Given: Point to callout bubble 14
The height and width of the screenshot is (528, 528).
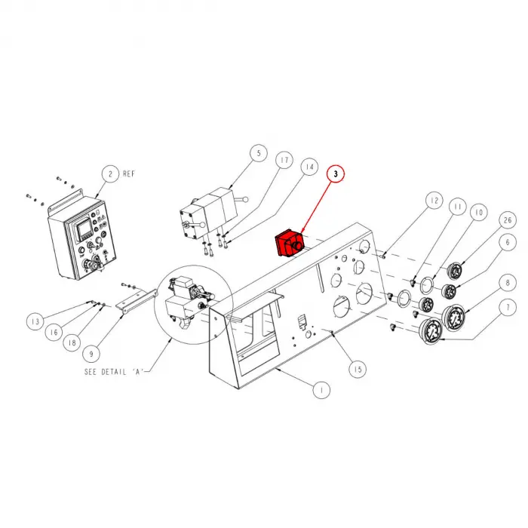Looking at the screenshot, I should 309,166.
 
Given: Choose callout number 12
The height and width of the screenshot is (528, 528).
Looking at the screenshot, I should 432,201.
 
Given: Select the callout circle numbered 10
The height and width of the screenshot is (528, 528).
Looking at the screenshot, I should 477,213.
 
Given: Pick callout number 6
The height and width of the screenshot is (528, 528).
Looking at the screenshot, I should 506,241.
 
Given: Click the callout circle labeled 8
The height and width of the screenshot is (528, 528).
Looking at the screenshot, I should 506,284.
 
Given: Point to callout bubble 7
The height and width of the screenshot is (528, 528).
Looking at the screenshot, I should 506,309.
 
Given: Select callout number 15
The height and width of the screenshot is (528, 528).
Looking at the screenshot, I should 358,369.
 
